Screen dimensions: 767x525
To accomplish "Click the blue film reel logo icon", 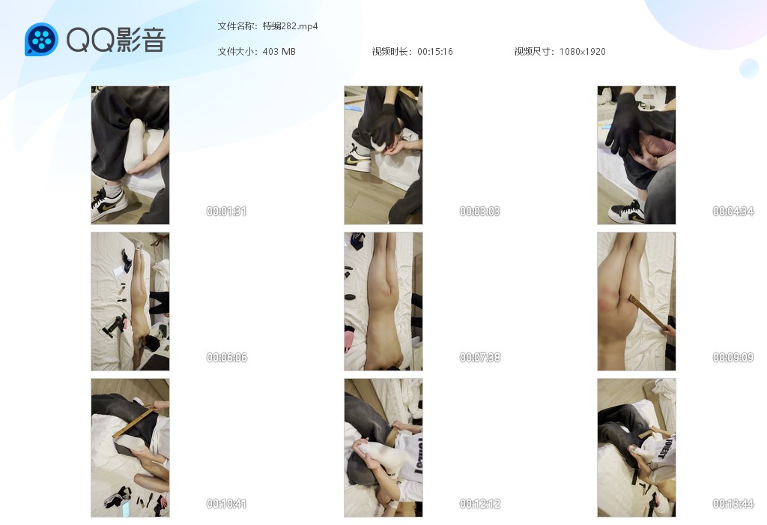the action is [x=41, y=39].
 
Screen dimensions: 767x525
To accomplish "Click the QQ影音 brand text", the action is [x=116, y=40].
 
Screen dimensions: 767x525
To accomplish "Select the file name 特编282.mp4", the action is [x=290, y=26].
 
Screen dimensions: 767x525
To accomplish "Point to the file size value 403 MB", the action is [x=279, y=52].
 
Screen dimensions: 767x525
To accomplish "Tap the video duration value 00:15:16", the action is [x=435, y=52].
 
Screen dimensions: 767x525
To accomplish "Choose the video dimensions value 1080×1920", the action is [x=582, y=52].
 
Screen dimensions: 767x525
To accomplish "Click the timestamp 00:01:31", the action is [x=226, y=211].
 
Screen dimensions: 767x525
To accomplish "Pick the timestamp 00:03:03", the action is [x=479, y=211].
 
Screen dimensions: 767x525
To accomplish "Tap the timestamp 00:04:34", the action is [x=733, y=211].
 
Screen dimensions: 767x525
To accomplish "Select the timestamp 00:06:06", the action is [x=226, y=358].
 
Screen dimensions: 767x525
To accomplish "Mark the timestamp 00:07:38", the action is [x=479, y=358].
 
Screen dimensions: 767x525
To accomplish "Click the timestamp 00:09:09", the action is [x=733, y=358].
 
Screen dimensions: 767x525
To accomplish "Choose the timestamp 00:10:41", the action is [x=226, y=503].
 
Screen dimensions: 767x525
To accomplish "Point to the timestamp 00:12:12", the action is [x=479, y=503].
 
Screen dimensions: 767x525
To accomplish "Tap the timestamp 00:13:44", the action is [x=733, y=503].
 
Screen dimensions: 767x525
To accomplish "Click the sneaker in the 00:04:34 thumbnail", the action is [x=628, y=211].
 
